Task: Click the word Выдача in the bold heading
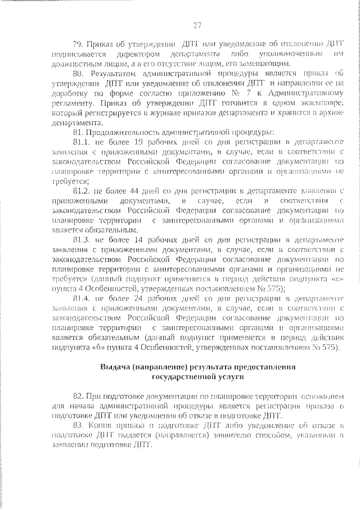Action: click(114, 367)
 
